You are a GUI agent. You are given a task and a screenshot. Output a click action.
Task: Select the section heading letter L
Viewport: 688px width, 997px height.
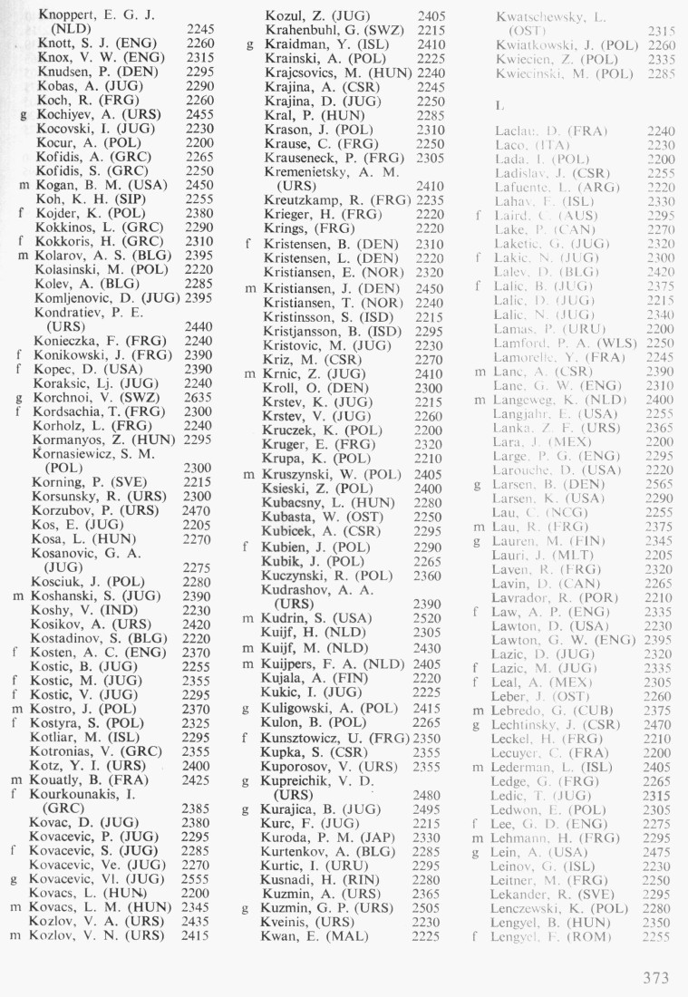click(499, 105)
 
